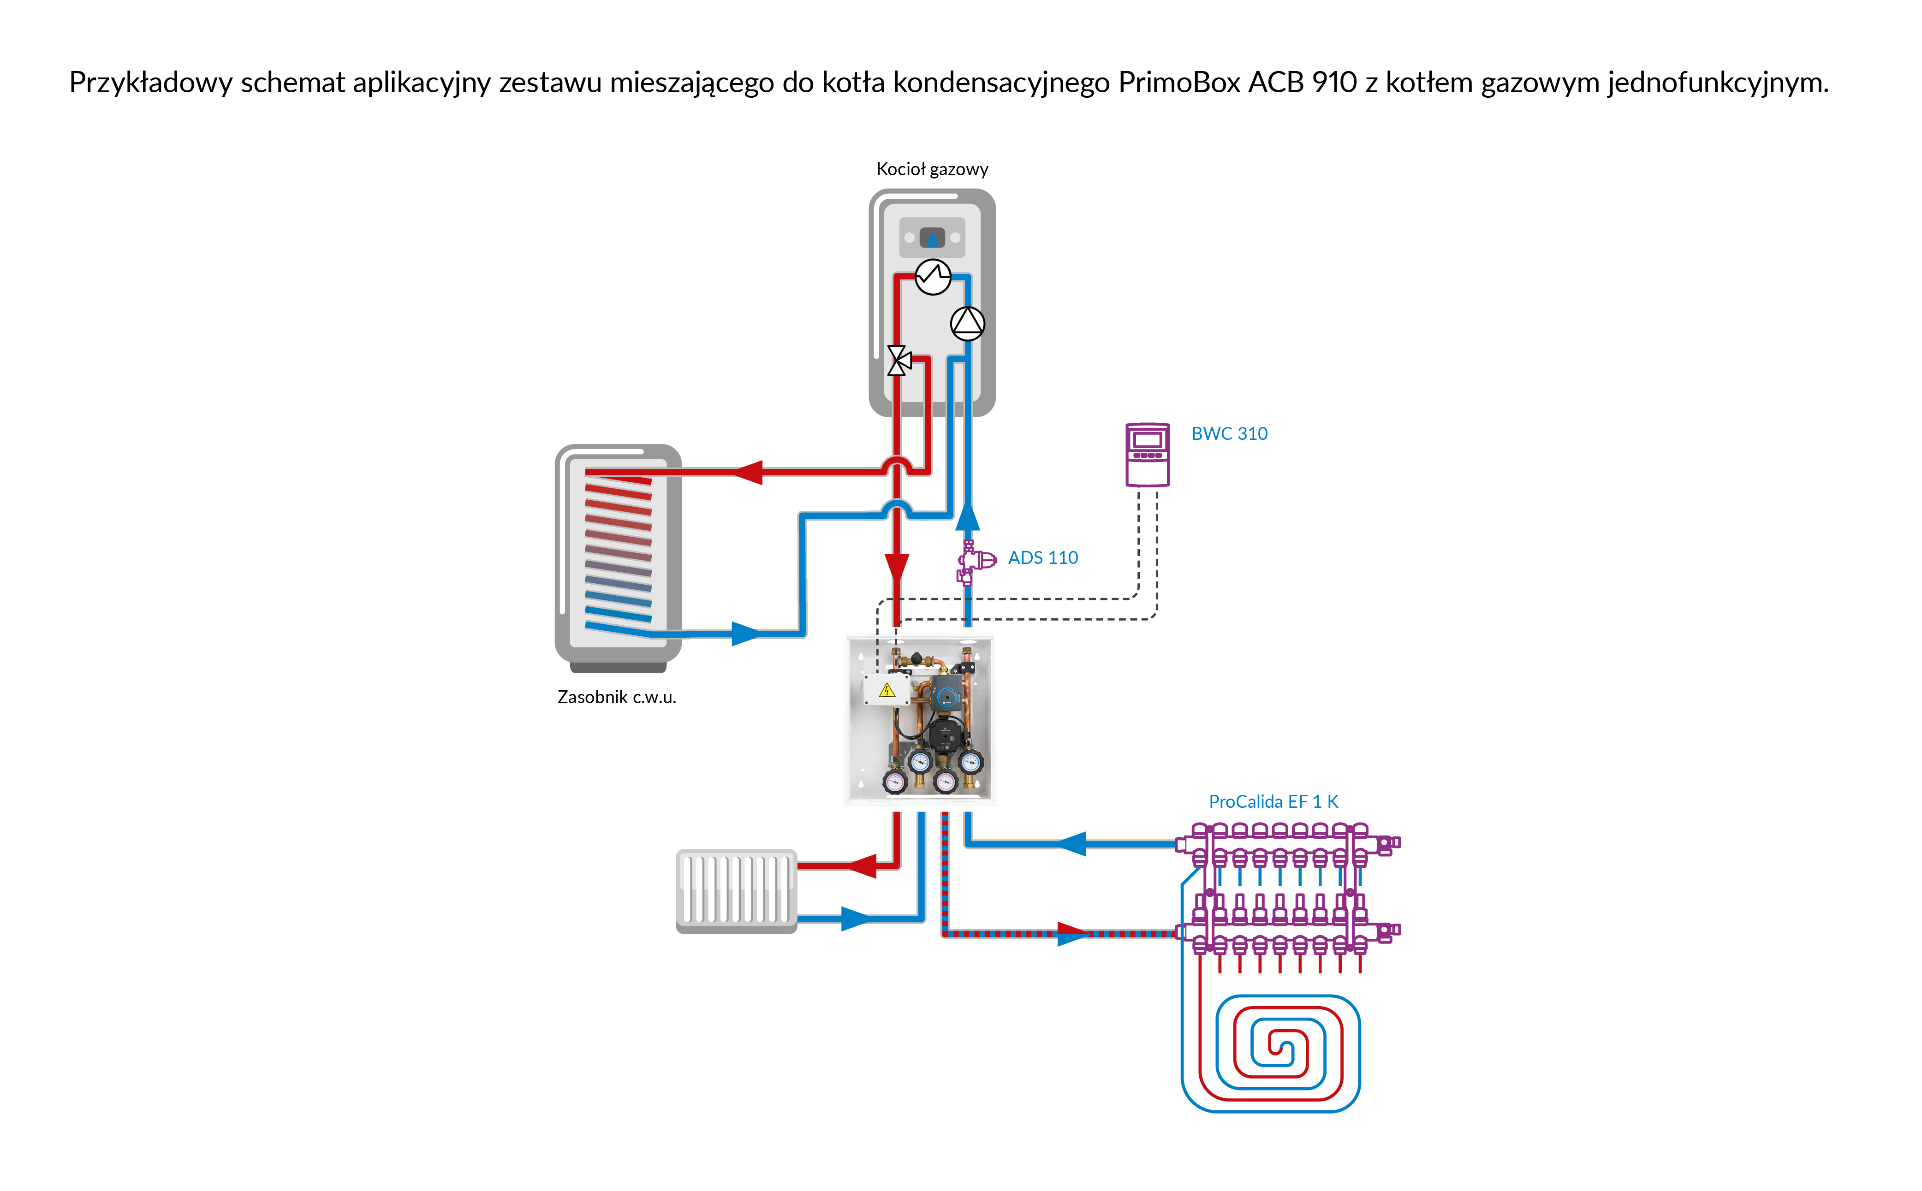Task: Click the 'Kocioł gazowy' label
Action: pos(932,169)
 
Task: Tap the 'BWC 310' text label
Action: pos(1229,433)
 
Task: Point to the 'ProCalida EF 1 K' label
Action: pos(1273,802)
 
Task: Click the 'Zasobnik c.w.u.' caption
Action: pos(617,697)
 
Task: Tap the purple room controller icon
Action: pos(1147,455)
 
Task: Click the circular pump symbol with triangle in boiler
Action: pos(967,323)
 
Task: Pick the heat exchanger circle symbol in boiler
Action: pos(933,277)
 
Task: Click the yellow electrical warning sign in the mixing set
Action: pos(887,691)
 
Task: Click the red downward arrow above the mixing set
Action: pos(896,567)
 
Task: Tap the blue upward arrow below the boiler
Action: pos(967,517)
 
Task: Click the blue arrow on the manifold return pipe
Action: pos(1071,844)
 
